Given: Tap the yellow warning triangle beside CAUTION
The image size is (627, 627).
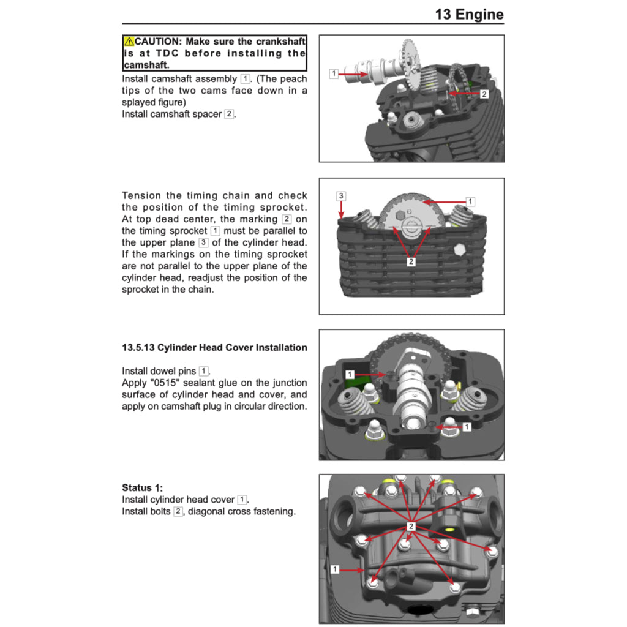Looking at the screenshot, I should click(x=129, y=42).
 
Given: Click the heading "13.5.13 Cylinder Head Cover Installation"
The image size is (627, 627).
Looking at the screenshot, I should click(x=214, y=347).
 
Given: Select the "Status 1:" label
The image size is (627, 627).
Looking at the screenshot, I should click(x=142, y=487).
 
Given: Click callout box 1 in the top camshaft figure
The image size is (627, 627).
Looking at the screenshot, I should click(x=334, y=73).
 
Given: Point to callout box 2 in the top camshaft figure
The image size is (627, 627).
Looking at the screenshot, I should click(x=484, y=94).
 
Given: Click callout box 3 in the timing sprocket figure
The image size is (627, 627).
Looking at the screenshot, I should click(x=341, y=196).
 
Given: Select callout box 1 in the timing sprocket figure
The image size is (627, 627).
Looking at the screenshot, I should click(x=470, y=201).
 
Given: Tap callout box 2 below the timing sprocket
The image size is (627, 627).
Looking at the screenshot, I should click(x=411, y=261).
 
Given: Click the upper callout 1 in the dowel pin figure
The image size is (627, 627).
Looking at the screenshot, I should click(x=350, y=374).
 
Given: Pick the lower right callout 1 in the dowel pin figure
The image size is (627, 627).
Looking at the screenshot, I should click(x=467, y=426).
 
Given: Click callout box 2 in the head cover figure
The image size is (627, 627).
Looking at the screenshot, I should click(x=411, y=526).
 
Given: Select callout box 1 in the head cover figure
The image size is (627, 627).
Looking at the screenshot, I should click(x=334, y=569).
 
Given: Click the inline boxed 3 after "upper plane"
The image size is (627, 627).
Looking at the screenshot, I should click(x=203, y=242).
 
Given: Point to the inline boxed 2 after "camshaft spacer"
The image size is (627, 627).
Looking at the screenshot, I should click(x=228, y=114).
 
